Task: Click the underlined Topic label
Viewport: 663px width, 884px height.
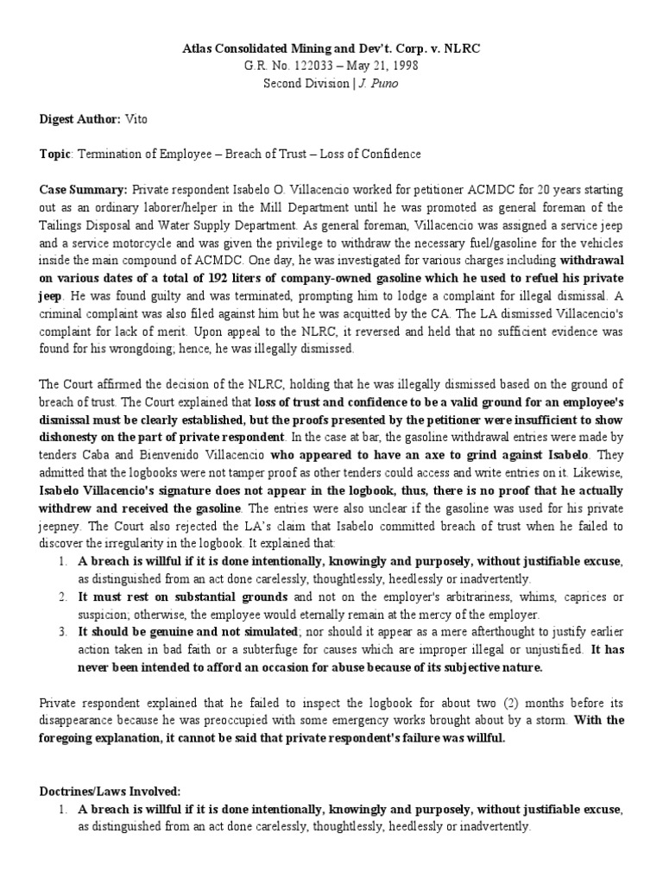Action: click(56, 154)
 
